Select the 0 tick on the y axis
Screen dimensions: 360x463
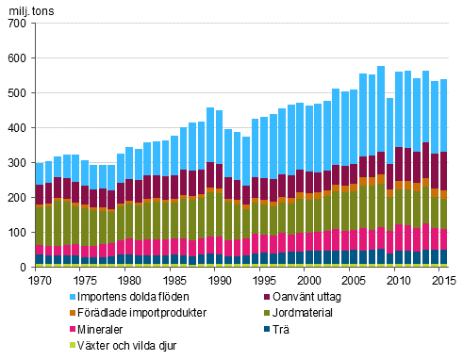click(25, 267)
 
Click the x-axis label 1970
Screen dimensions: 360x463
click(40, 280)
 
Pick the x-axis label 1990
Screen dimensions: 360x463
click(217, 280)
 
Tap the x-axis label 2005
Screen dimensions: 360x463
click(351, 280)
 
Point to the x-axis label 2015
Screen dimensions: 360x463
click(439, 280)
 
